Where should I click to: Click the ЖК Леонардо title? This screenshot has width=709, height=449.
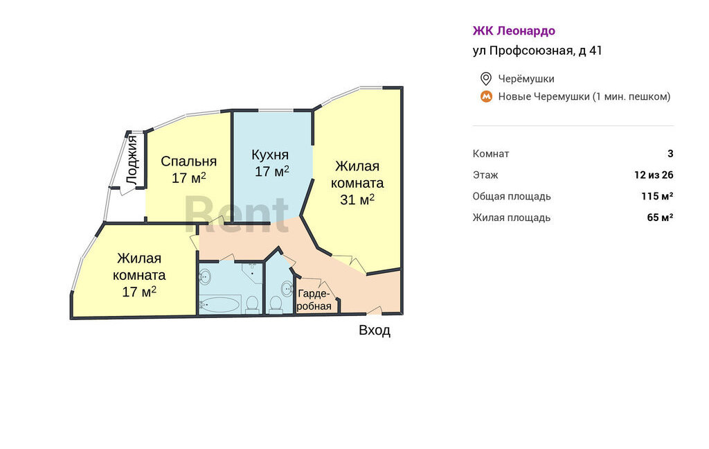pos(514,30)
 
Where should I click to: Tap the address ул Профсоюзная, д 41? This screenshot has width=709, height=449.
pos(537,51)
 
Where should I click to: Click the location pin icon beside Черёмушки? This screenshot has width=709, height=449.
pos(485,79)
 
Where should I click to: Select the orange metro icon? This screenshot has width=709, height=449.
pos(486,96)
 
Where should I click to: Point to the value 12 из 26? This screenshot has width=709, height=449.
pos(654,175)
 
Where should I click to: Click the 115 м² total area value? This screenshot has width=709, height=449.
pos(657,196)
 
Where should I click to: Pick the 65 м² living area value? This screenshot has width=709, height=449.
pos(660,218)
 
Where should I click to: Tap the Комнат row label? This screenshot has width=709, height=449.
pos(491,153)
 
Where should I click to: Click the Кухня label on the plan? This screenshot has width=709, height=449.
pos(270,155)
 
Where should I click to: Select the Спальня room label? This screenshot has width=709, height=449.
pos(188,161)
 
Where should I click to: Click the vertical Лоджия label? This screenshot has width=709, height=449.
pos(132,160)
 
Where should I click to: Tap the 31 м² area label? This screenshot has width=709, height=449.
pos(357,199)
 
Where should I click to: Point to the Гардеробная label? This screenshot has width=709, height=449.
pos(314,299)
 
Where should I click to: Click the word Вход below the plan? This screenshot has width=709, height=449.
pos(375,330)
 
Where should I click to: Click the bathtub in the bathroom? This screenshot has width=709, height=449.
pos(219,305)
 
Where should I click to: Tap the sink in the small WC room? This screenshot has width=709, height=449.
pos(287,288)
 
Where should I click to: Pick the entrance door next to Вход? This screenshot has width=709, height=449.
pos(375,310)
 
